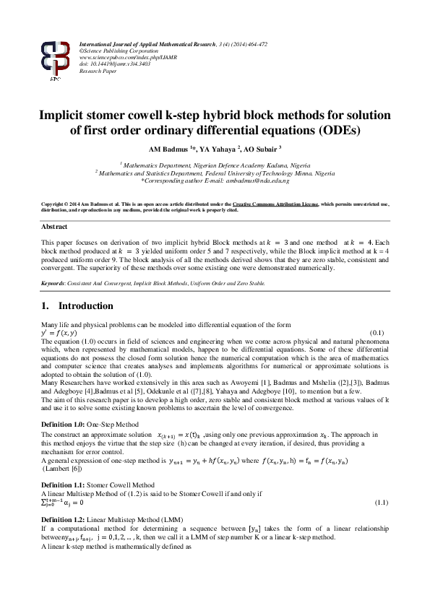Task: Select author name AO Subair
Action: [262, 149]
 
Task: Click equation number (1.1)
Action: [381, 502]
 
